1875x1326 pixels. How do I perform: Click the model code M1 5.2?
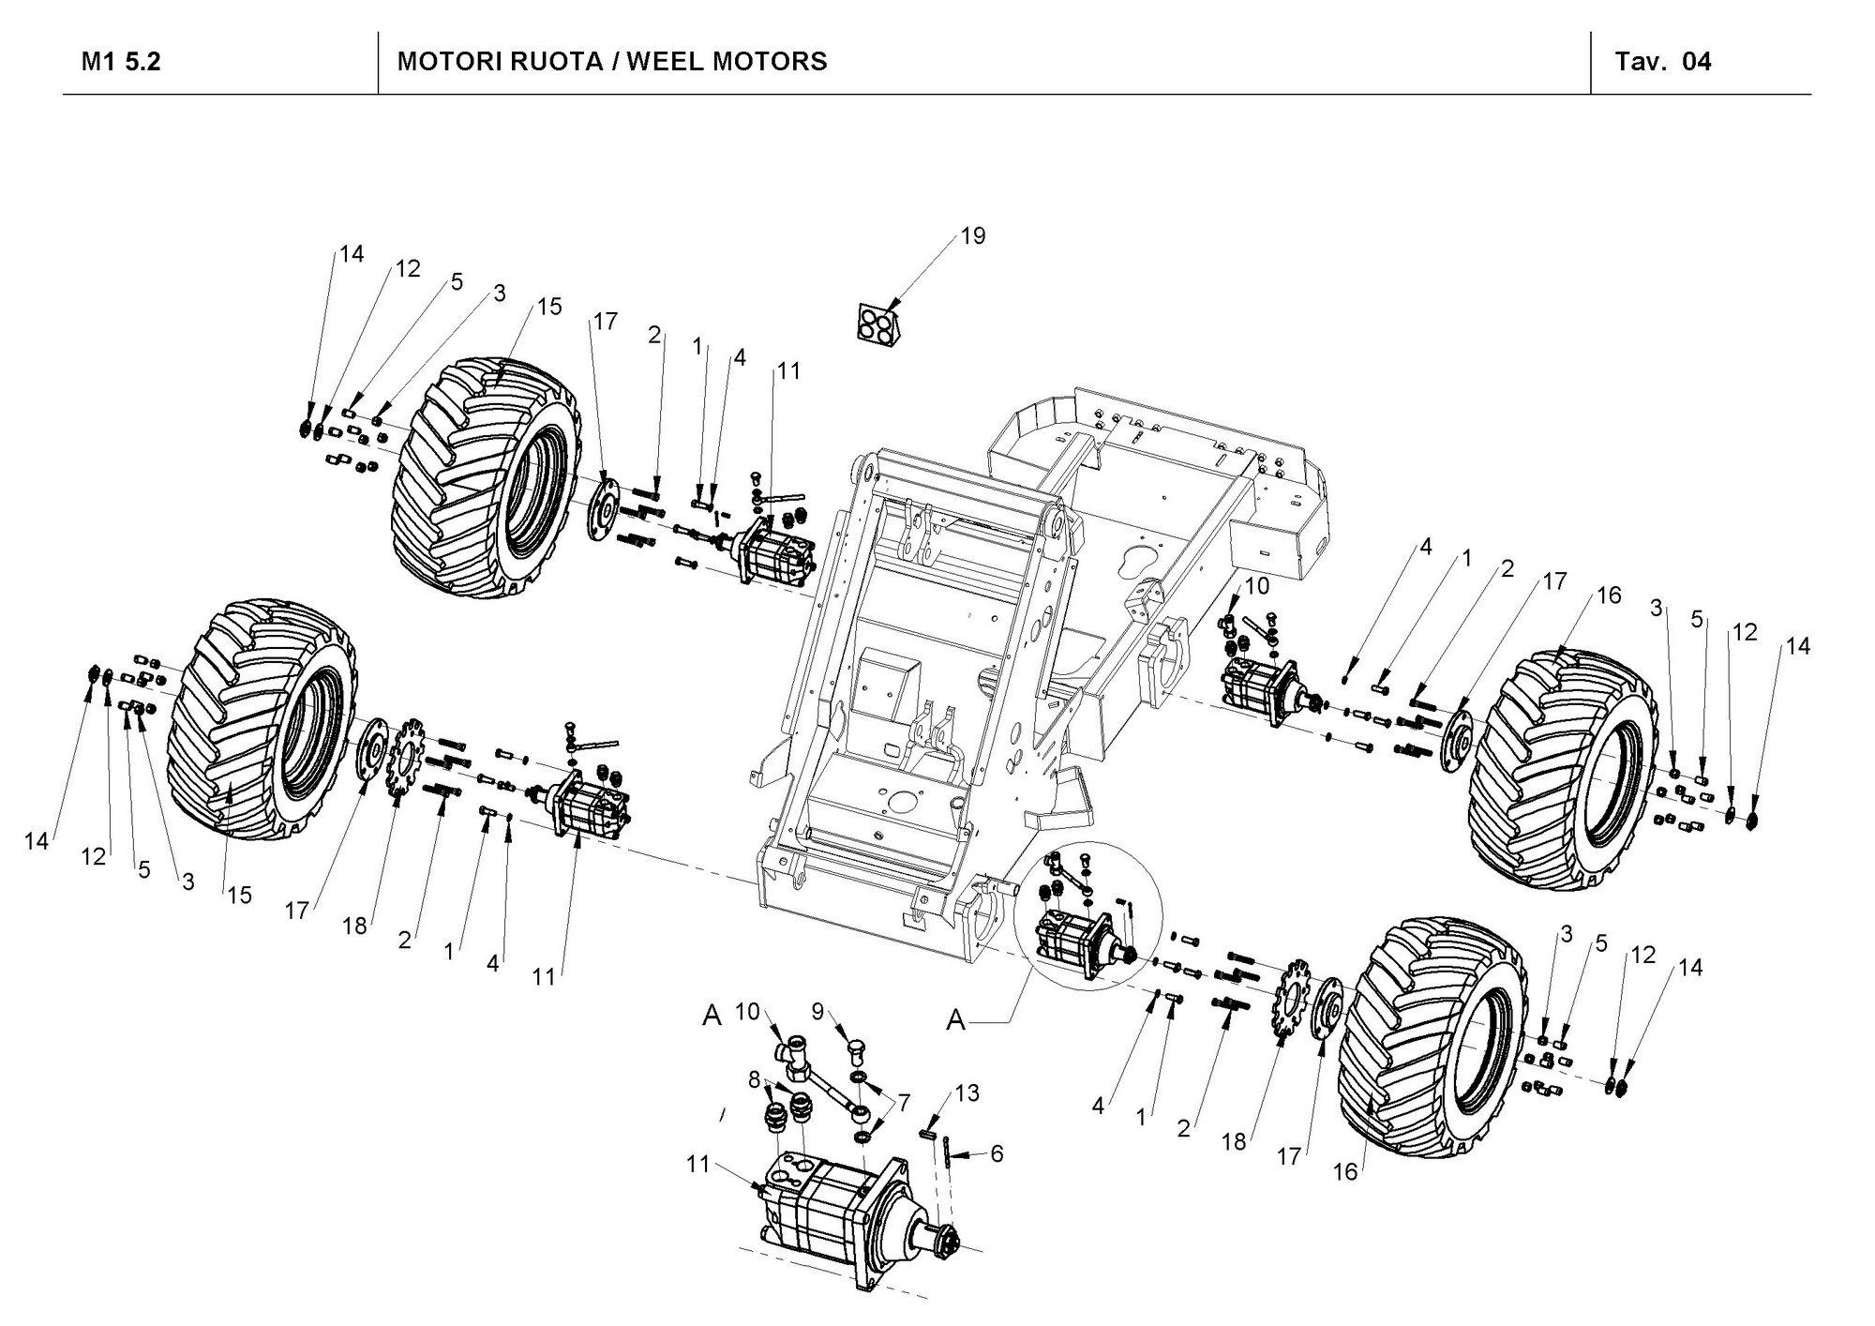coord(121,62)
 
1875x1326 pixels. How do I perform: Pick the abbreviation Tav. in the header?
coord(1640,62)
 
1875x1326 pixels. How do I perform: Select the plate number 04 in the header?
coord(1697,62)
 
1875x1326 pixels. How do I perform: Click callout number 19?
coord(973,235)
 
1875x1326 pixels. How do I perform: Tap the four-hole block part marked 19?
coord(878,324)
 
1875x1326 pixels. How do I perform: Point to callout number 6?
coord(997,1153)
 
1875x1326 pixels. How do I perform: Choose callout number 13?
coord(967,1093)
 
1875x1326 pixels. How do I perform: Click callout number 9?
coord(817,1011)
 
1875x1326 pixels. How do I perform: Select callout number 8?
coord(754,1079)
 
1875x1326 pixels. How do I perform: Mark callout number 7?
coord(903,1103)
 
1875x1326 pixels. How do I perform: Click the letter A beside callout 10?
coord(712,1016)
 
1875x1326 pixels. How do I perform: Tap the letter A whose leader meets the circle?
coord(955,1019)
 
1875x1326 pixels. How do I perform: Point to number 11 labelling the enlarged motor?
coord(697,1165)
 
